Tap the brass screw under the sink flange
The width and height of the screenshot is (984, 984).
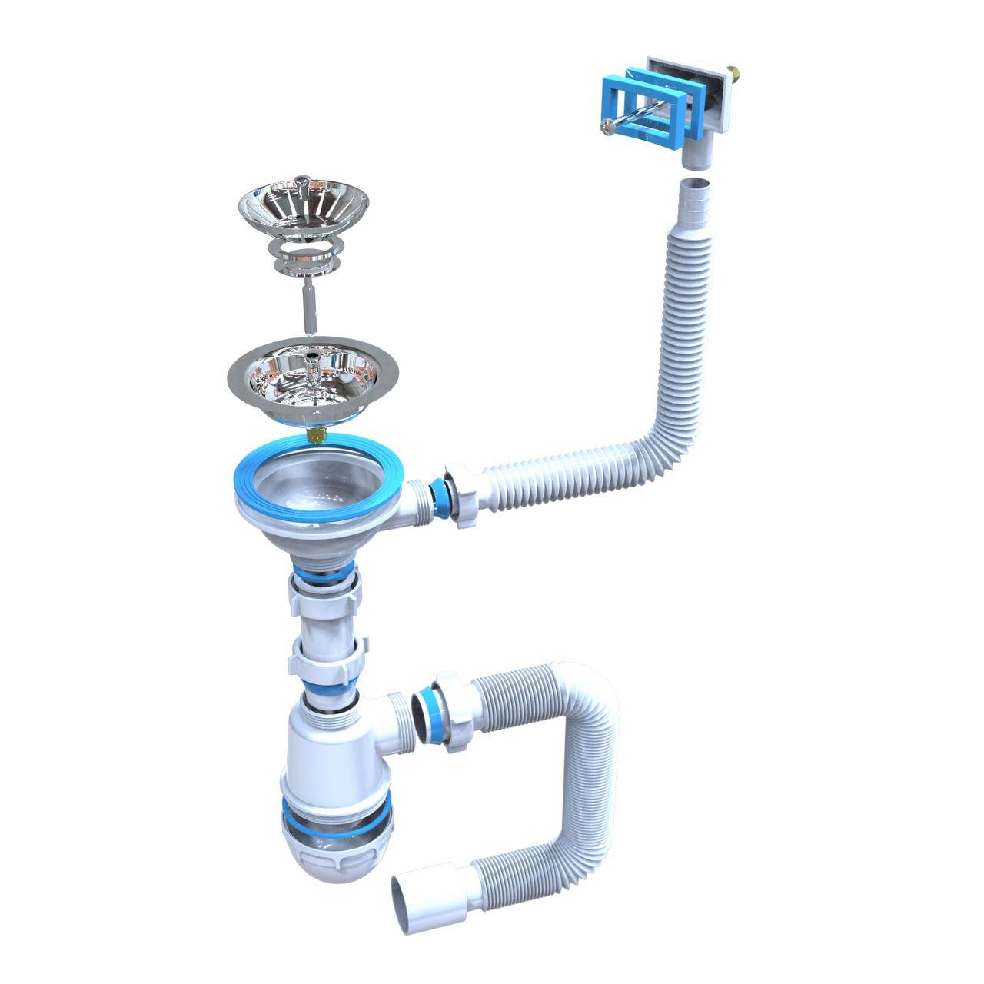[316, 437]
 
